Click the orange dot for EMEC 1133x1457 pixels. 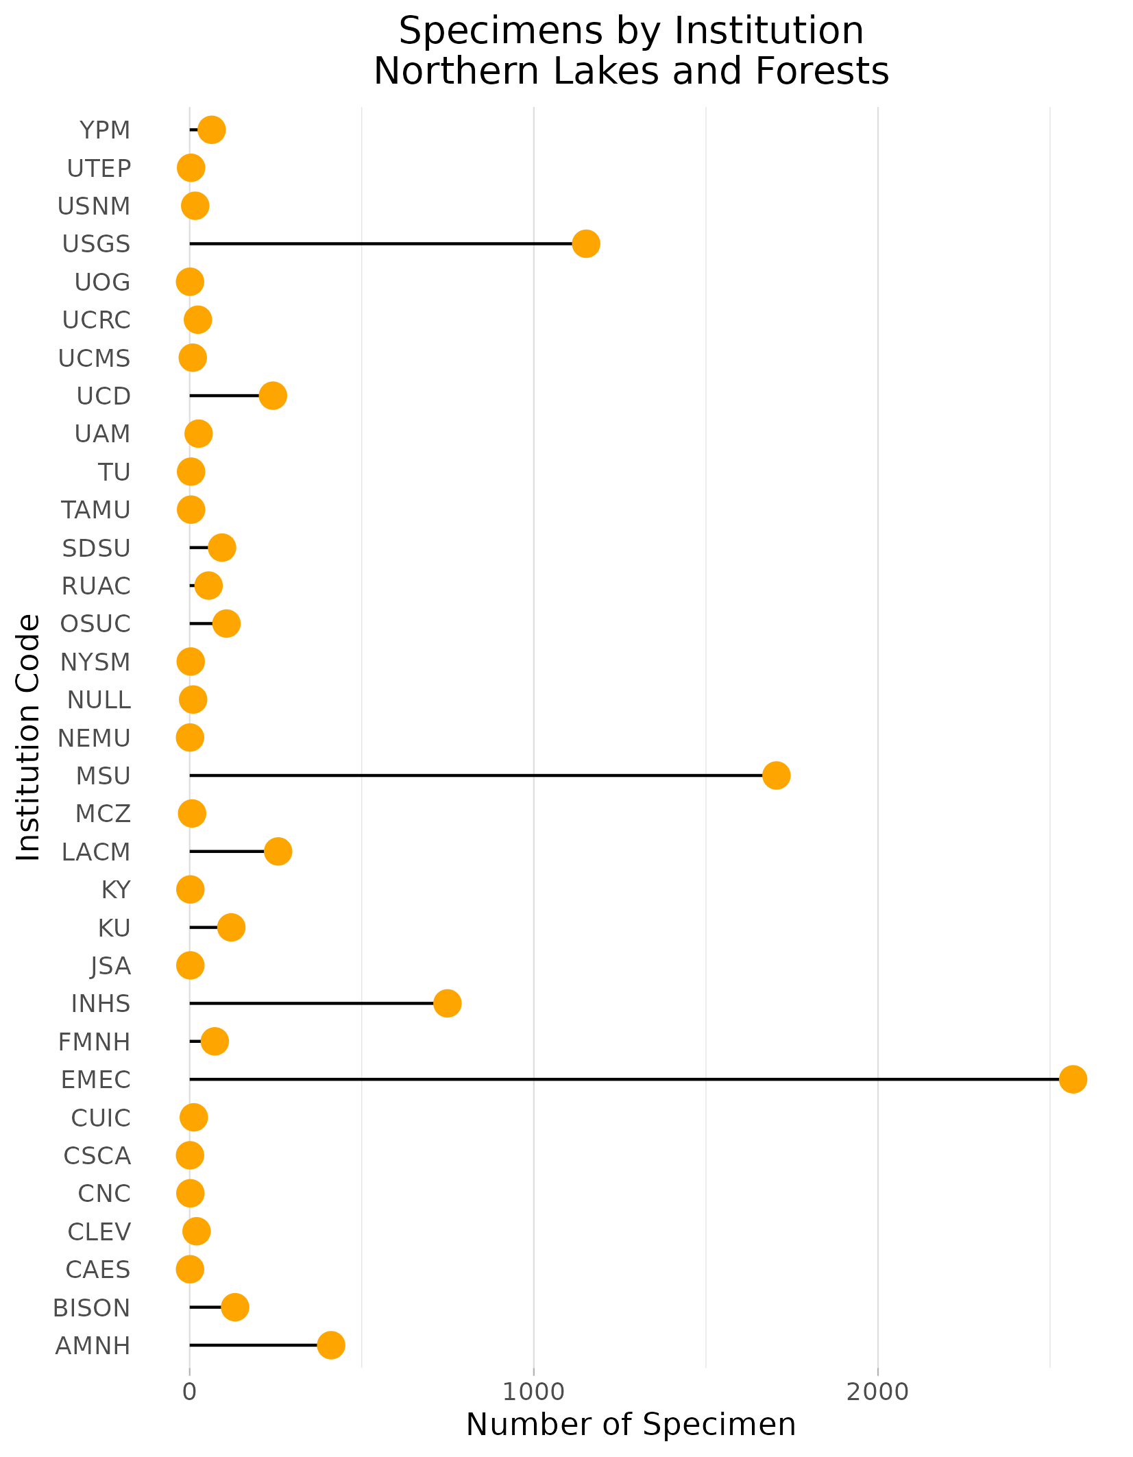1073,1079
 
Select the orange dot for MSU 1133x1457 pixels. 776,775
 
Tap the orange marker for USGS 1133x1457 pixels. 586,243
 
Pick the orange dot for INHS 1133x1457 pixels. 447,1004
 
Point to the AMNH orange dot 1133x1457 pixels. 331,1345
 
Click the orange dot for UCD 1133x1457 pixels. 273,396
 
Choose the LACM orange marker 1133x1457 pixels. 278,852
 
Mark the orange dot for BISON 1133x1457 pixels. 234,1308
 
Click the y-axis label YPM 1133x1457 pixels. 105,130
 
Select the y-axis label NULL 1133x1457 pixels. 99,700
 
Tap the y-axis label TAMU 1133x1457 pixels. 95,510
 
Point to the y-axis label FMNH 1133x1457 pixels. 94,1042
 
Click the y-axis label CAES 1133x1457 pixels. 97,1270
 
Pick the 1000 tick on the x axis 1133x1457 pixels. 533,1392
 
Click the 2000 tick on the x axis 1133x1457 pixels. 877,1392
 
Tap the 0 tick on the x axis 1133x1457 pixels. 189,1392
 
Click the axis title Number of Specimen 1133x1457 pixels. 631,1425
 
